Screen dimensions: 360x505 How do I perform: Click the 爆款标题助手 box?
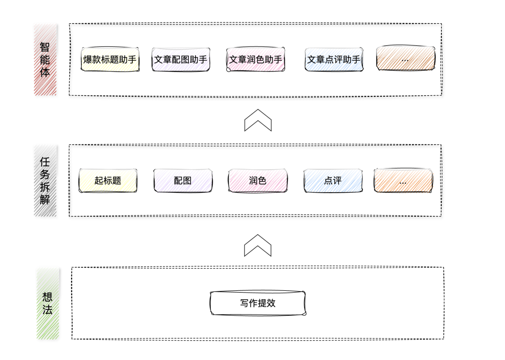coord(110,59)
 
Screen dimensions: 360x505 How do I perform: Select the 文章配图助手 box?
coord(180,59)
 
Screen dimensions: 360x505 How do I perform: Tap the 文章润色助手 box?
coord(255,59)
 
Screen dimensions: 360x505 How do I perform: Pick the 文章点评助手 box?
coord(334,59)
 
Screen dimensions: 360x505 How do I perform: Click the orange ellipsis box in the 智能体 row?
coord(405,59)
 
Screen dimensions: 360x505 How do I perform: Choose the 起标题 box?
coord(108,180)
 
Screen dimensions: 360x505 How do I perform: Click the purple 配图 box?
coord(183,180)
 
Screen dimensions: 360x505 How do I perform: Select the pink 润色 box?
coord(258,180)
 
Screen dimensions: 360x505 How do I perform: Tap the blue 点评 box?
coord(332,180)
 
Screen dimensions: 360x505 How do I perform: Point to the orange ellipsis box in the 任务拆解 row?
coord(403,181)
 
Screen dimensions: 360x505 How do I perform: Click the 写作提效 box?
coord(258,303)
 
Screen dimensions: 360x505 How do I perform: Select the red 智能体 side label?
coord(45,60)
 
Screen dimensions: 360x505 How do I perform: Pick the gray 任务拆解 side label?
coord(45,180)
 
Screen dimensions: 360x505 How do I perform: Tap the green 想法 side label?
coord(48,303)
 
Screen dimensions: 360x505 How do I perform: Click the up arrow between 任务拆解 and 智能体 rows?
coord(258,120)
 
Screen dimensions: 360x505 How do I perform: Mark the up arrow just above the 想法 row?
coord(258,245)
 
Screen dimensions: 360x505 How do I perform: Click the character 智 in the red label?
coord(45,47)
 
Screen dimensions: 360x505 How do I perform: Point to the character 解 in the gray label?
coord(45,201)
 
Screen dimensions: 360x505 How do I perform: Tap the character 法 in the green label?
coord(48,310)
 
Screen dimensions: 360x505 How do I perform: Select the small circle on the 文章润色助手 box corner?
coord(229,70)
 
